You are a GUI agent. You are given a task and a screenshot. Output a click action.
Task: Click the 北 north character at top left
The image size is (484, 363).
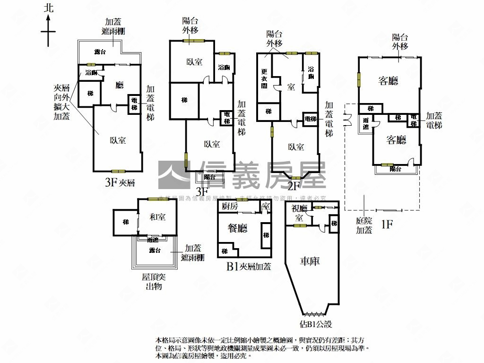click(48, 8)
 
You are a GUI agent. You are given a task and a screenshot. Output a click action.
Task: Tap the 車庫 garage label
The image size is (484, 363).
click(310, 260)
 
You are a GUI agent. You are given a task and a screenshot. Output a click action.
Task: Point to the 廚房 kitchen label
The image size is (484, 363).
click(229, 206)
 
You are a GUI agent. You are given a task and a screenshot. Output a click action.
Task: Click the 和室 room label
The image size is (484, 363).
click(157, 217)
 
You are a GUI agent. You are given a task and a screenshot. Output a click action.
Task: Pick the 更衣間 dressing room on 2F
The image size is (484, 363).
click(264, 79)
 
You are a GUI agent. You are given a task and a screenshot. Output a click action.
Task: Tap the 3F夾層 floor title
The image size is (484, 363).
click(120, 182)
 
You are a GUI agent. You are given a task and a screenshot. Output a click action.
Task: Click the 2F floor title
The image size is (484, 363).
click(294, 186)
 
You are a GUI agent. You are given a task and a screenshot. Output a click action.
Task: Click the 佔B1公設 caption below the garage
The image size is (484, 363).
click(316, 324)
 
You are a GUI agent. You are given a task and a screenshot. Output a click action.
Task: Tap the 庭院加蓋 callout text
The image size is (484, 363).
click(364, 225)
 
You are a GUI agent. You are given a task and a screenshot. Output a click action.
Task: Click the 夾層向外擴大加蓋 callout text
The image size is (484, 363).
click(61, 102)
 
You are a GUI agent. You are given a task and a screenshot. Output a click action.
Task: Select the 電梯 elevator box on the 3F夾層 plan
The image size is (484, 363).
click(134, 104)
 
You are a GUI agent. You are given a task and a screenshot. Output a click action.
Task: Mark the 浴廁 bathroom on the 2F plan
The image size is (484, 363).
click(311, 73)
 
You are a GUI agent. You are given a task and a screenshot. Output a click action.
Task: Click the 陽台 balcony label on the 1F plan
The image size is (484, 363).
click(395, 169)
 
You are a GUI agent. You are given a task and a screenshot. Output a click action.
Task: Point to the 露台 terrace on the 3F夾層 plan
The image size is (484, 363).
click(100, 52)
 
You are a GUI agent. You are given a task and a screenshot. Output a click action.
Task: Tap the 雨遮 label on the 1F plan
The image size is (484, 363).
click(366, 124)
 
